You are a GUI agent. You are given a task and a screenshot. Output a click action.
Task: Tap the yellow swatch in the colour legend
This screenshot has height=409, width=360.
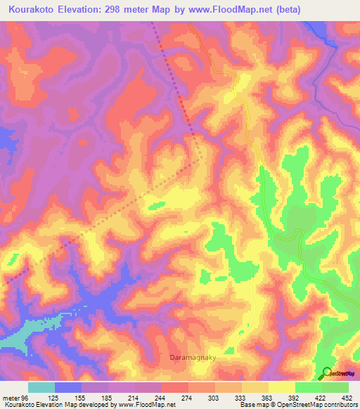tap(281, 387)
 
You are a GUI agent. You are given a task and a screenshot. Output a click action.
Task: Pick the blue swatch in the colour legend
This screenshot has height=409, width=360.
tap(68, 387)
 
